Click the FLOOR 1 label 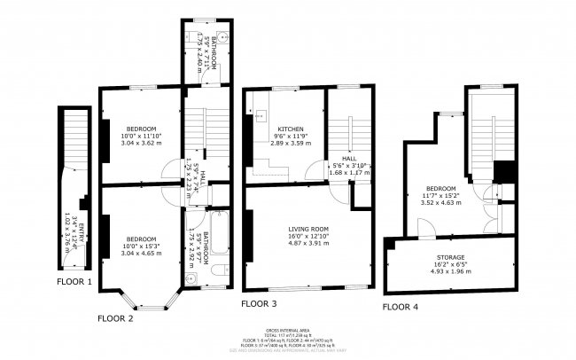[74, 281]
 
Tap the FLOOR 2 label [115, 317]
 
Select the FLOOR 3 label [260, 303]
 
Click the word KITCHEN [291, 128]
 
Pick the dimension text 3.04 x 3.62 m [141, 142]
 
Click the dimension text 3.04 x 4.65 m [141, 254]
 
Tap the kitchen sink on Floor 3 [261, 115]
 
